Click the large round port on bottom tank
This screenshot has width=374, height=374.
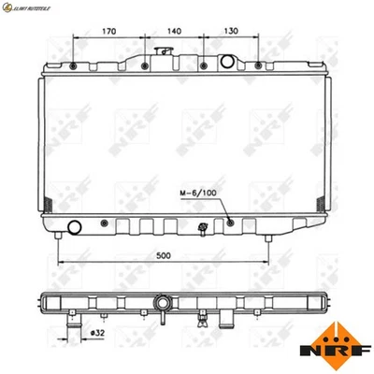click(76, 225)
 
